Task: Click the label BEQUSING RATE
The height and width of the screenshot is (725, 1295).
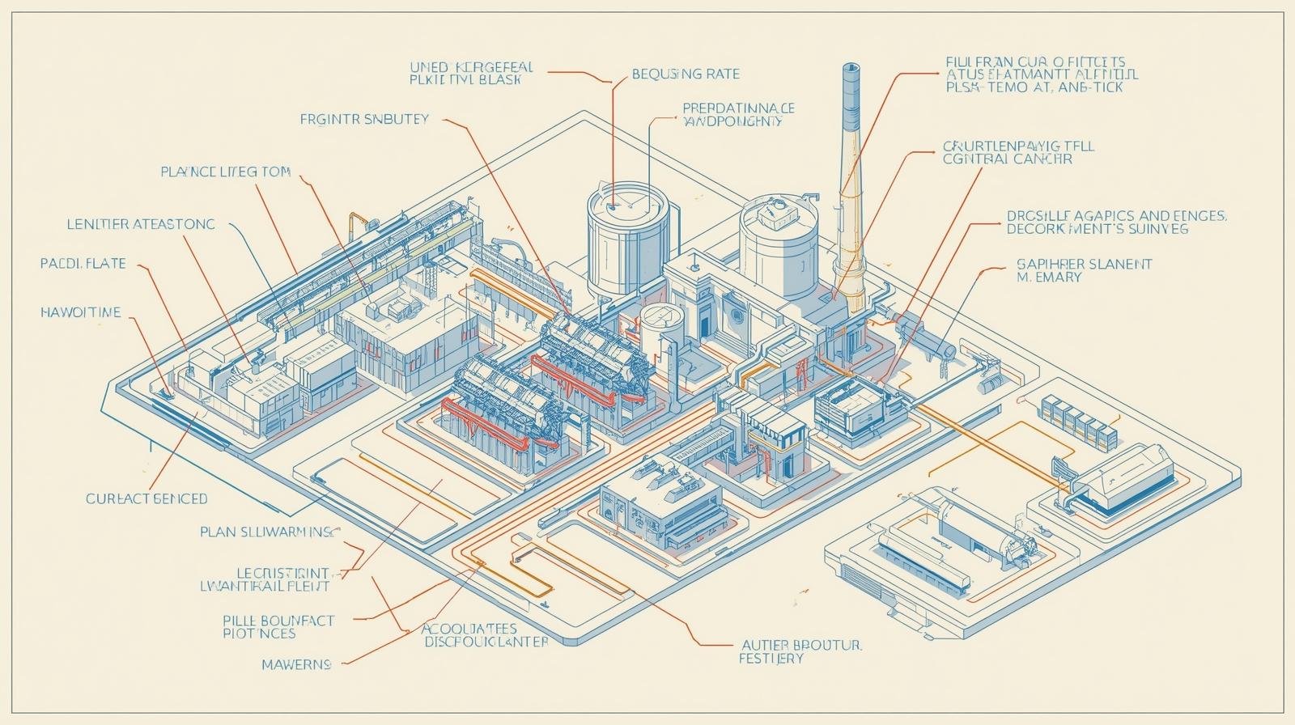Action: coord(685,74)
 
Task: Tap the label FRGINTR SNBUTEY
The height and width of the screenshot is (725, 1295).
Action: coord(364,119)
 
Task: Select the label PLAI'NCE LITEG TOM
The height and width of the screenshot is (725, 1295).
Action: coord(225,172)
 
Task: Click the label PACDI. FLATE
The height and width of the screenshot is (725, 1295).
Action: coord(83,264)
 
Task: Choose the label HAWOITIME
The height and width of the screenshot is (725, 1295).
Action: coord(80,312)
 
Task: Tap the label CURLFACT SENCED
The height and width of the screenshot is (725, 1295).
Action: coord(146,498)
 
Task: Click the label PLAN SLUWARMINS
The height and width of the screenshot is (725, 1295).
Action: coord(267,532)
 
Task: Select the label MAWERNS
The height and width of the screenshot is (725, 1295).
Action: coord(296,664)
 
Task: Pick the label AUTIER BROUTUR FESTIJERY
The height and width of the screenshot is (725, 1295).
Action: coord(802,651)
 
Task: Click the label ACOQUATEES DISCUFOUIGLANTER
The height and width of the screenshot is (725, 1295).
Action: coord(486,635)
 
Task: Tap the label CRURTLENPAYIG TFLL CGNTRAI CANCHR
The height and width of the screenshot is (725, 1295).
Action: coord(1018,152)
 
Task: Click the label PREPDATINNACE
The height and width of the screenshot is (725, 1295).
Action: coord(738,107)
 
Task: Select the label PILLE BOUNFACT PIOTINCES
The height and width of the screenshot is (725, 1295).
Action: coord(278,627)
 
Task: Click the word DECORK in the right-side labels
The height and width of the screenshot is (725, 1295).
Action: coord(1032,230)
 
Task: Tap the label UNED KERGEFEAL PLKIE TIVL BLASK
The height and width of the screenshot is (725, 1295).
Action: coord(465,74)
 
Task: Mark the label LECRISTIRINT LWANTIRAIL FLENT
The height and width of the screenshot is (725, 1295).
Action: coord(265,579)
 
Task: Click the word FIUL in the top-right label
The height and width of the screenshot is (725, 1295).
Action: coord(962,61)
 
